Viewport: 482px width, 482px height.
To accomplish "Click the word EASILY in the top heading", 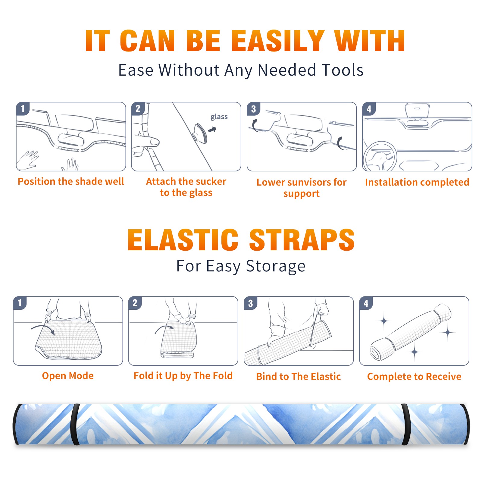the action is [278, 41].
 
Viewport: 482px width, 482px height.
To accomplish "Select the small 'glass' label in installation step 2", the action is [219, 117].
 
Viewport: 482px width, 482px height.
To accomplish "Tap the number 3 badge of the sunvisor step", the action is [253, 109].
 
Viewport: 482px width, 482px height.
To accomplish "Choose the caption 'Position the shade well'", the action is [71, 181].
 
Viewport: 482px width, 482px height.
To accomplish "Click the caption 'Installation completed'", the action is [417, 182].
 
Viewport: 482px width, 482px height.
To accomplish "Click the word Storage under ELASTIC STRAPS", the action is [276, 266].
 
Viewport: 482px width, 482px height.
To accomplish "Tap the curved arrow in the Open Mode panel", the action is [43, 328].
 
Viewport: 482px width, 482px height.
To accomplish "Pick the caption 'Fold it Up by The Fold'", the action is [183, 376].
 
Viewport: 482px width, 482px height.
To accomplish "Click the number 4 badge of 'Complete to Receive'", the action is [366, 303].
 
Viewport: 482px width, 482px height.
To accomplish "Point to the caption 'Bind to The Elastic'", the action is [299, 377].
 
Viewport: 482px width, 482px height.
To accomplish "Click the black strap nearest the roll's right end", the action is [405, 424].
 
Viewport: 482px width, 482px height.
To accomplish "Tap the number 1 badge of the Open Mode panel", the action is [20, 303].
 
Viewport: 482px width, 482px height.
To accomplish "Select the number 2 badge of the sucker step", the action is [138, 109].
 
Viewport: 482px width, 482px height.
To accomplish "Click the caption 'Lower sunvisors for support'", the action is [302, 188].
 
